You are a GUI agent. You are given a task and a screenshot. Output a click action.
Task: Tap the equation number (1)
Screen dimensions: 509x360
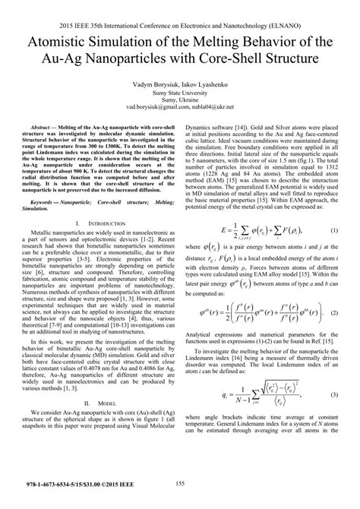tap(333, 229)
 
